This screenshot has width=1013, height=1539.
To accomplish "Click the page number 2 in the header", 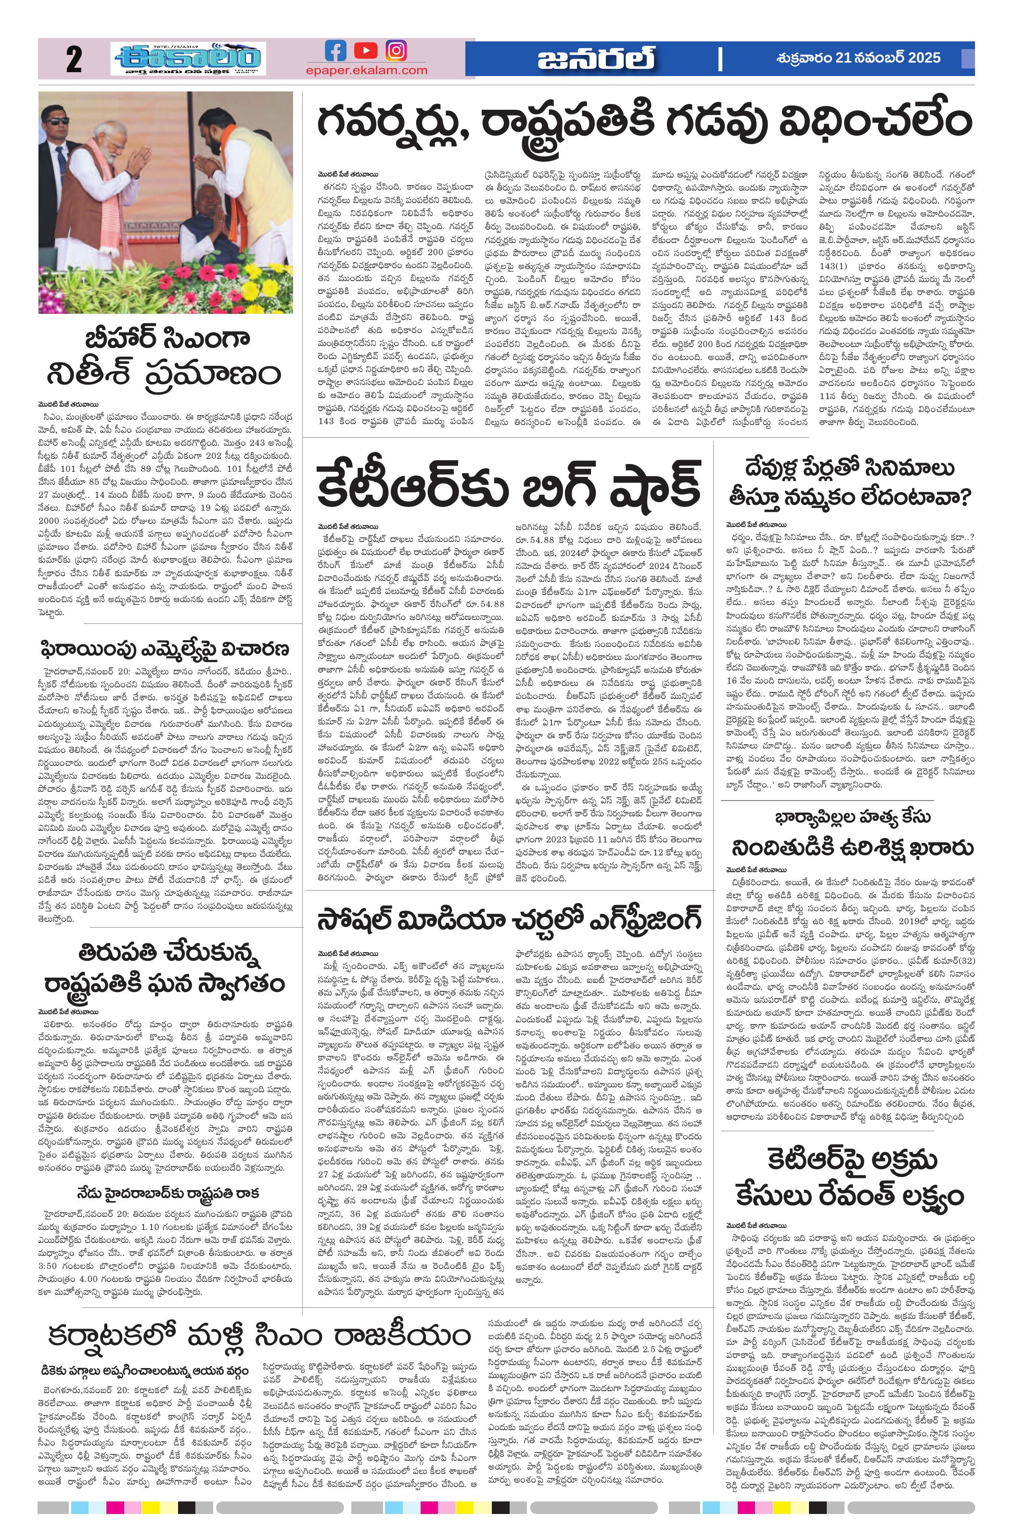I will click(73, 61).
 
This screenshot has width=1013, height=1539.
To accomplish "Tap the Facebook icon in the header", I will click(335, 51).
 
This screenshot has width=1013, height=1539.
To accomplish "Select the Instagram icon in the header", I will click(396, 51).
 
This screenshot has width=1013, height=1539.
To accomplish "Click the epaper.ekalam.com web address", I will click(367, 70).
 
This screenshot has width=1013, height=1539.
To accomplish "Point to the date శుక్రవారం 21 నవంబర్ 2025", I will click(858, 58).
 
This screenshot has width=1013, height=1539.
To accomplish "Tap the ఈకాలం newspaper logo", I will click(188, 60).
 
